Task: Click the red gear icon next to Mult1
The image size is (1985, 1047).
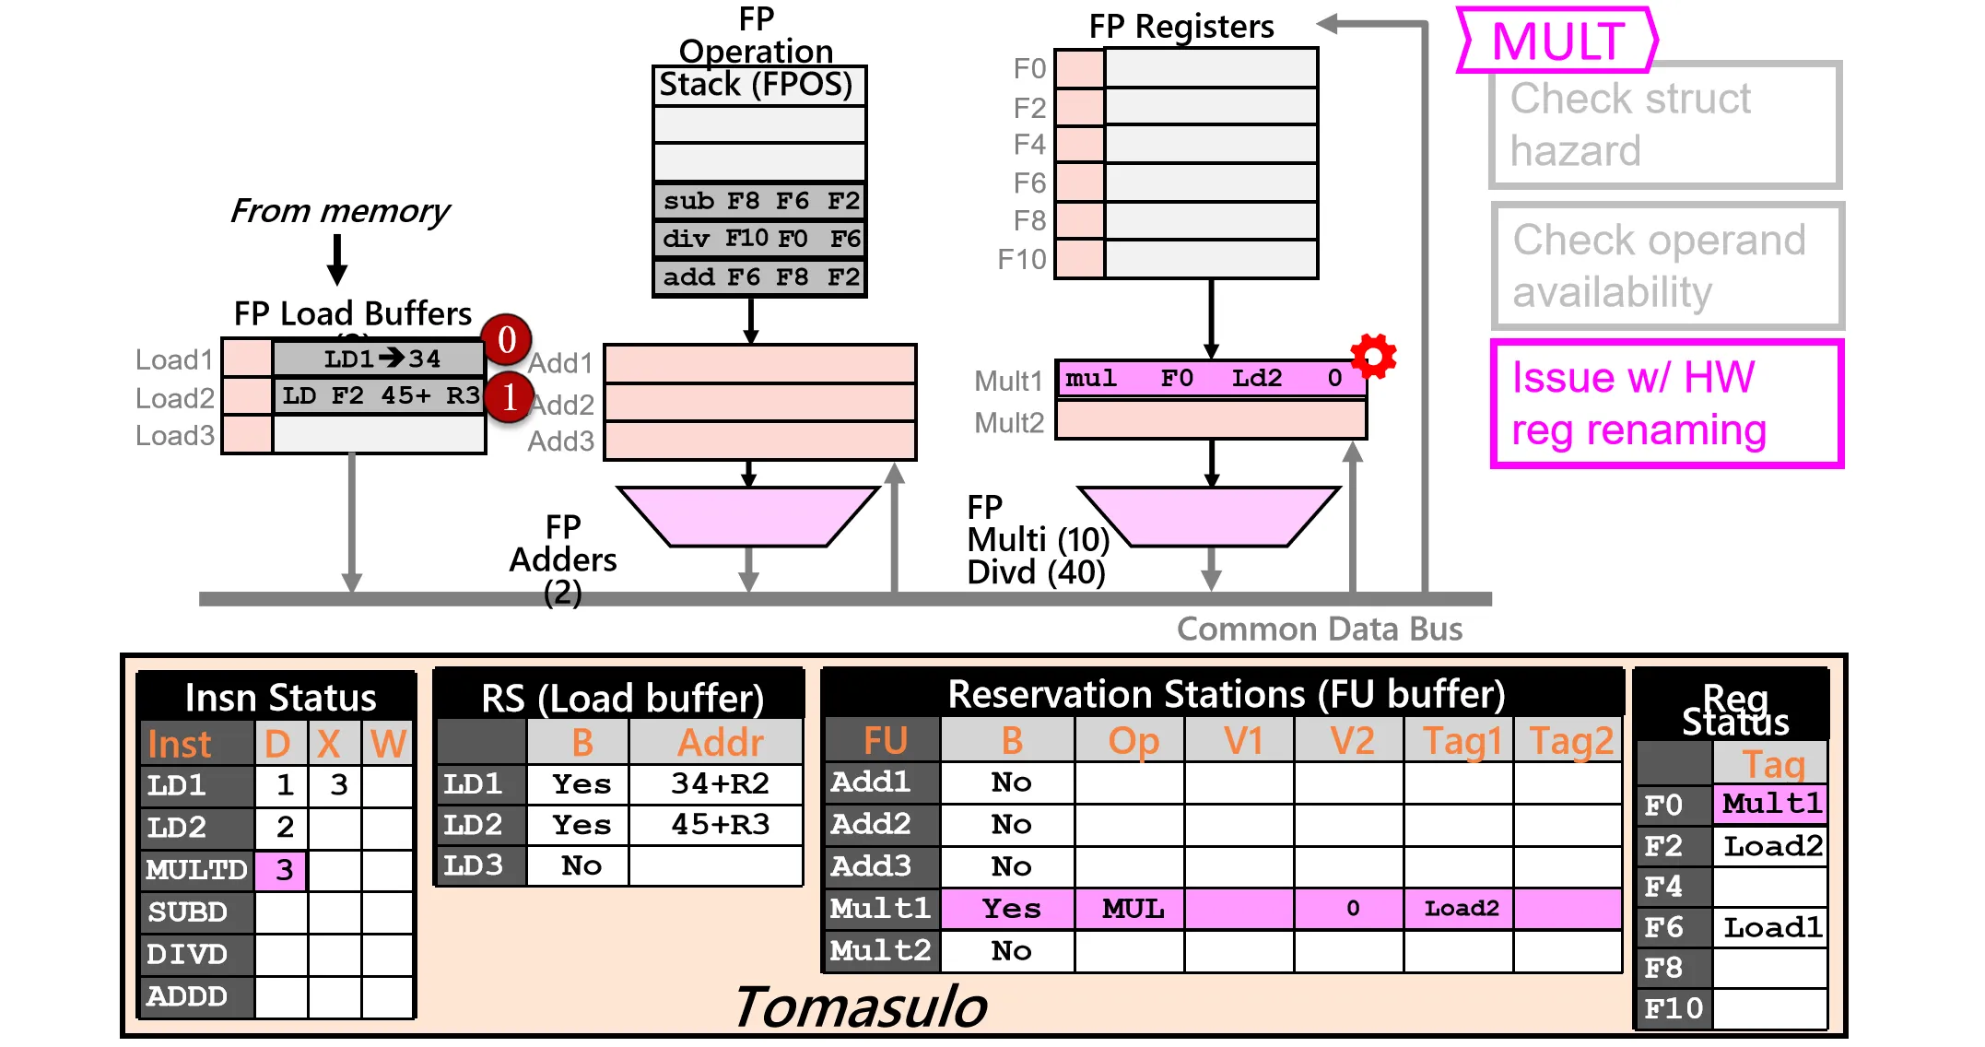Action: tap(1373, 356)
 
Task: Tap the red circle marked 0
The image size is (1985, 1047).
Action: tap(507, 340)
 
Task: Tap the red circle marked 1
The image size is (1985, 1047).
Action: tap(509, 397)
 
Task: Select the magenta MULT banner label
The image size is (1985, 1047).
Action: tap(1557, 41)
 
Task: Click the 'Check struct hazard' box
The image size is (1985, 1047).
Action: tap(1665, 125)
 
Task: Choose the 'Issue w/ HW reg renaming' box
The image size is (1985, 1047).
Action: tap(1666, 404)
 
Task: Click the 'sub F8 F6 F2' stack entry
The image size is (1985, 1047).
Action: tap(759, 201)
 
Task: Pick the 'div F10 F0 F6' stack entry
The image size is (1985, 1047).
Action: tap(759, 240)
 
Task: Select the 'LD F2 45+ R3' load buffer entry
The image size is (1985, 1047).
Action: tap(380, 396)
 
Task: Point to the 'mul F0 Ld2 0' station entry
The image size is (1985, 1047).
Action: tap(1210, 379)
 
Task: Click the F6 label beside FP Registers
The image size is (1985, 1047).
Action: tap(1029, 183)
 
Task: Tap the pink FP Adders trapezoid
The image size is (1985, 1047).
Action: tap(748, 516)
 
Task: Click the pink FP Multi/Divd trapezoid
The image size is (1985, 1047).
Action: tap(1209, 516)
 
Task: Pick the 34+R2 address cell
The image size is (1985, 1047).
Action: tap(719, 784)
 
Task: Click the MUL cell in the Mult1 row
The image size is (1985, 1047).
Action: tap(1133, 910)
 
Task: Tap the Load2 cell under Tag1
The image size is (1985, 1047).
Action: tap(1461, 910)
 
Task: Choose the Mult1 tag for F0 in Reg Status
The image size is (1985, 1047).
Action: tap(1770, 804)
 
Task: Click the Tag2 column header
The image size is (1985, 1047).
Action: tap(1570, 741)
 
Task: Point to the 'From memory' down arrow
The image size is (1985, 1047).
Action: tap(337, 260)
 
